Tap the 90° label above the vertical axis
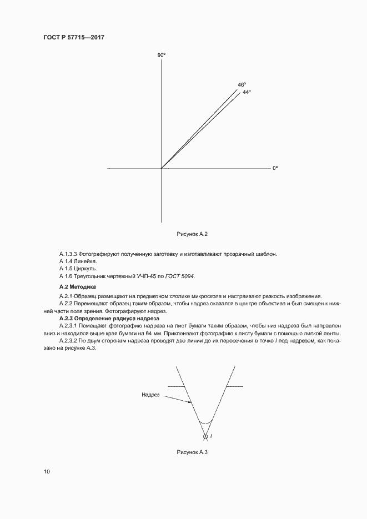(x=161, y=55)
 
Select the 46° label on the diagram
(x=242, y=85)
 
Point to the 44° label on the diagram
(x=247, y=92)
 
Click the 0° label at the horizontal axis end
(x=275, y=168)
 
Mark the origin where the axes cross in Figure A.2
(x=161, y=168)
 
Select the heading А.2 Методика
(x=78, y=286)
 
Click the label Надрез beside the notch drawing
(x=150, y=395)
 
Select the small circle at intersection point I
(x=205, y=436)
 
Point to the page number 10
(x=47, y=471)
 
